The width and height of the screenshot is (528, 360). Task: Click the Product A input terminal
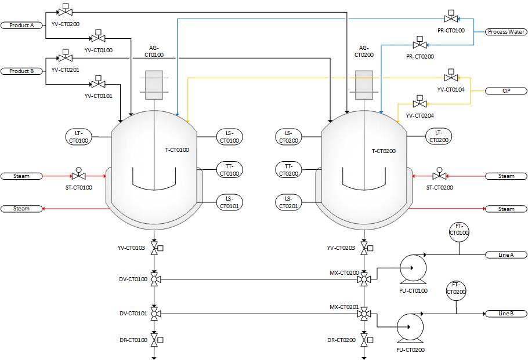[22, 26]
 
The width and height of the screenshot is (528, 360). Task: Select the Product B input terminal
[22, 71]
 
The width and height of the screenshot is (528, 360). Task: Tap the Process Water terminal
[506, 32]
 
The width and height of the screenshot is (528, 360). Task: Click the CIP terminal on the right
[506, 91]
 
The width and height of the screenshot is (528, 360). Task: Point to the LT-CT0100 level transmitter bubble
[79, 137]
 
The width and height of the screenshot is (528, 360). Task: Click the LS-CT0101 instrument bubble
[229, 202]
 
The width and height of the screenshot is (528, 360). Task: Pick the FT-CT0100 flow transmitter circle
[459, 230]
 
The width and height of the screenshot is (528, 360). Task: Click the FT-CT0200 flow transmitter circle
[456, 288]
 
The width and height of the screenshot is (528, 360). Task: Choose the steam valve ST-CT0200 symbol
[439, 176]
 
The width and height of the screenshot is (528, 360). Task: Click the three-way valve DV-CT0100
[154, 280]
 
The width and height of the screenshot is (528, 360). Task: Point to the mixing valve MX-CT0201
[364, 314]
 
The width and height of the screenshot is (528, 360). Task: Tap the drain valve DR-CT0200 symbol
[364, 340]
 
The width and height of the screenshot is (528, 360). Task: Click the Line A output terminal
[506, 255]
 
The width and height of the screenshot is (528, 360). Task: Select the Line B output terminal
[506, 314]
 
